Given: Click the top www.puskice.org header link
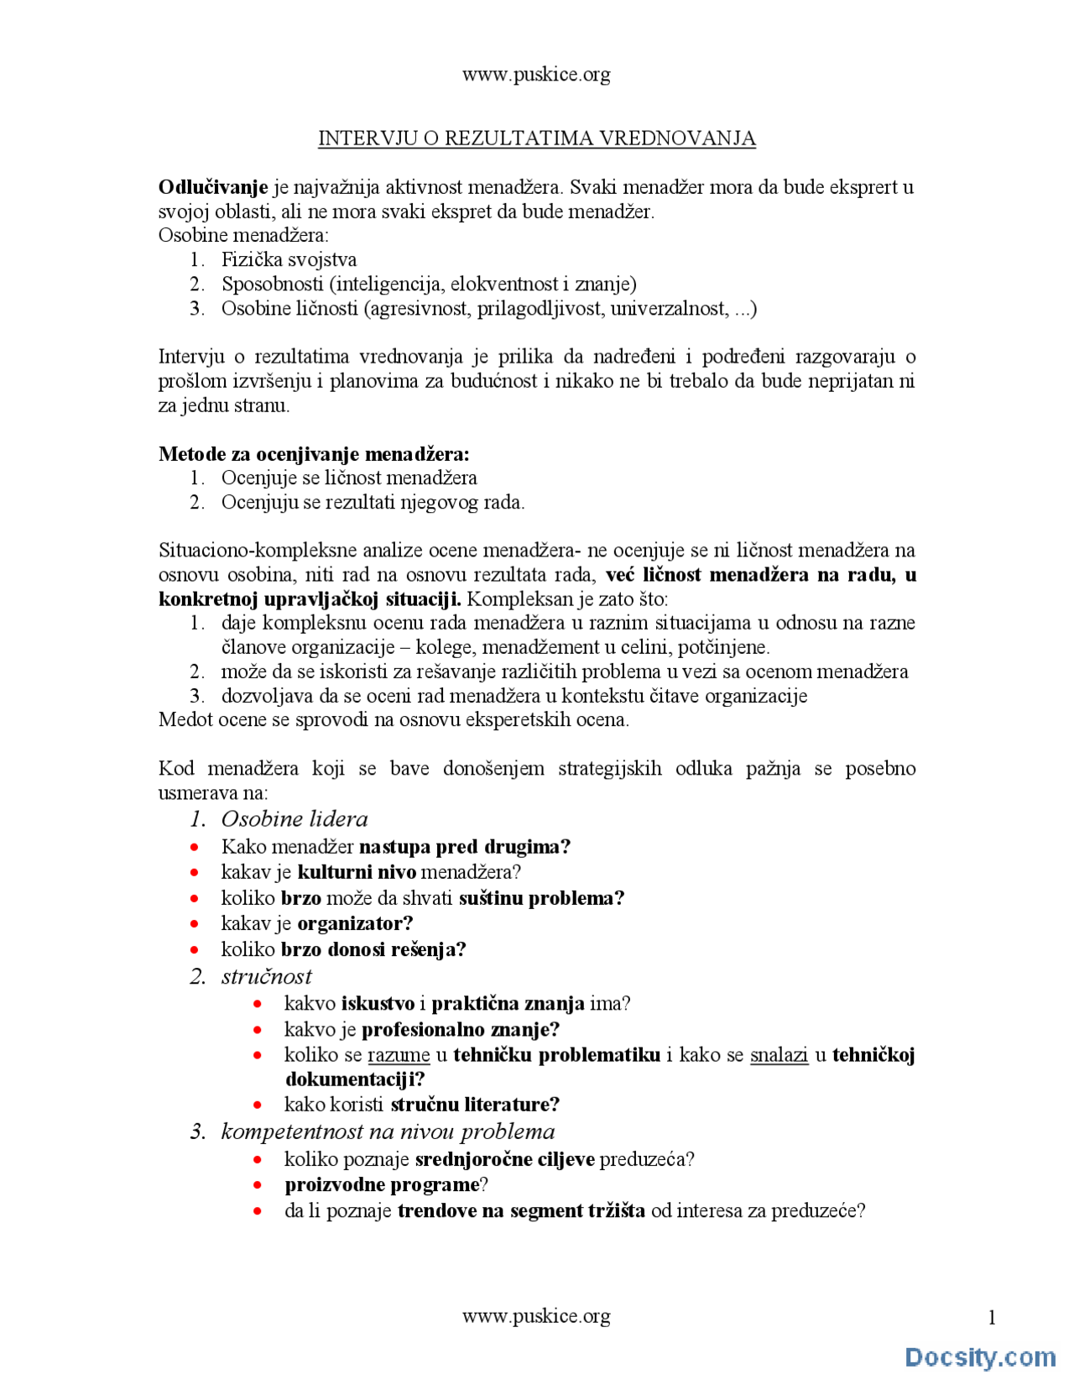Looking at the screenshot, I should (x=535, y=75).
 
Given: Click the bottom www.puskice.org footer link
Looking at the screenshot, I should (x=535, y=1315).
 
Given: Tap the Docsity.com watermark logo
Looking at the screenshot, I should (x=979, y=1356).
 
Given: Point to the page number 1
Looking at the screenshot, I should (x=992, y=1318).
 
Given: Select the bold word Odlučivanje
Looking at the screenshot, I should (x=213, y=187).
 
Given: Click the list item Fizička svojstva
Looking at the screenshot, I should (x=289, y=259).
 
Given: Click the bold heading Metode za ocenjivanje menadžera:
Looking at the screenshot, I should (x=314, y=454).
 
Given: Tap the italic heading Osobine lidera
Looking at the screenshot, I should (x=294, y=819).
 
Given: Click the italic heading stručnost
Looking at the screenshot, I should (x=266, y=976).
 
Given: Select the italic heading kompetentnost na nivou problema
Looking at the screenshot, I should (x=388, y=1131).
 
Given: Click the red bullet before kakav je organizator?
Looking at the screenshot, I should (x=195, y=924).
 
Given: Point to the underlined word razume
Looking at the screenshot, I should (x=399, y=1055).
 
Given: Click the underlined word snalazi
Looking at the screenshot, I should (x=779, y=1055).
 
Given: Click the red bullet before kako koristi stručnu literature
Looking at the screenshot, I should (x=258, y=1105).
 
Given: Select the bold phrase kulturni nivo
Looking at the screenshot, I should (x=357, y=872).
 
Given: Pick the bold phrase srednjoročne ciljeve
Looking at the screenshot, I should (x=504, y=1159).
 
